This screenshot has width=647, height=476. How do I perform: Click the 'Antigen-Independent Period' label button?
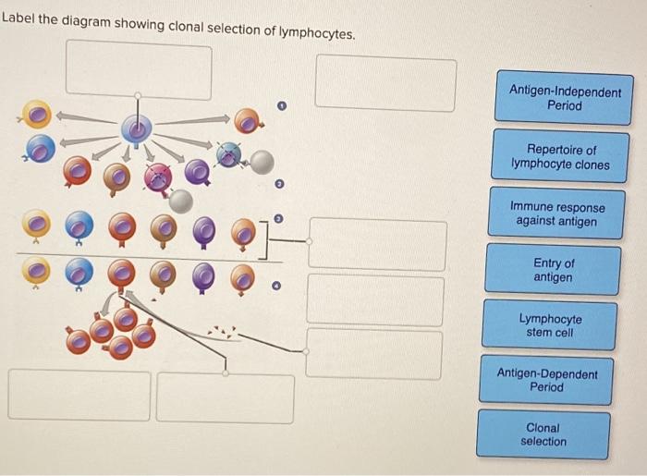click(x=564, y=98)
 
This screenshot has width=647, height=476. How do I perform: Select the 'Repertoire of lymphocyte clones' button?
click(x=561, y=157)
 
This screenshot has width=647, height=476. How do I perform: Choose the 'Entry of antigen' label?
click(x=553, y=270)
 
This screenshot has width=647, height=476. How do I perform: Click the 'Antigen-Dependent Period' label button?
click(x=546, y=380)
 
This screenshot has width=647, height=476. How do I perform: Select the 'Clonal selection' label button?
click(x=543, y=434)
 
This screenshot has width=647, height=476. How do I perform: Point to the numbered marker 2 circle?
click(x=278, y=185)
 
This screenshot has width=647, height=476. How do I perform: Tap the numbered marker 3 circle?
click(x=276, y=218)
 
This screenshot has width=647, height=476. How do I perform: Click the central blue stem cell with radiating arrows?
click(x=137, y=130)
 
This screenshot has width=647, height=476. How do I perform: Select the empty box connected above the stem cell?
click(x=138, y=69)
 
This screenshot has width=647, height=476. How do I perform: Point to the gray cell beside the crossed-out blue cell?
click(x=262, y=163)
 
